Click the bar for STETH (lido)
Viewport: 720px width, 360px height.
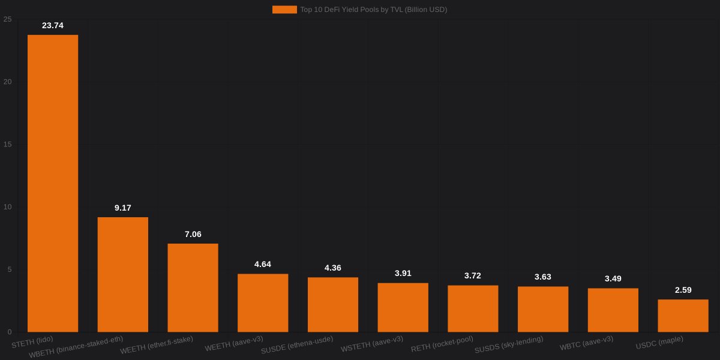point(53,183)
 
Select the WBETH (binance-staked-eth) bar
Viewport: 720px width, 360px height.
point(123,274)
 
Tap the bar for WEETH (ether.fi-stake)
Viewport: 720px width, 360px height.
point(193,287)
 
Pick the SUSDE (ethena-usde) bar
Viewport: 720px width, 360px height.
point(333,304)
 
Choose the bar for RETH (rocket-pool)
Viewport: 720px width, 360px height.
point(473,308)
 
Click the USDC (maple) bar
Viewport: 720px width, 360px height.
point(683,316)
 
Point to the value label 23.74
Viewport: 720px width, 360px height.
point(53,25)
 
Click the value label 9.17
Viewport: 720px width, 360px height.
point(123,208)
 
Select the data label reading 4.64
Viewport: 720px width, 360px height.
point(263,264)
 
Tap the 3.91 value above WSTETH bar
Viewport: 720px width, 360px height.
point(403,273)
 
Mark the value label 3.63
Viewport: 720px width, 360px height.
point(543,277)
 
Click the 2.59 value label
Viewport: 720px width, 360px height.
point(683,290)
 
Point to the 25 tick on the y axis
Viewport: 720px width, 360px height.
point(7,19)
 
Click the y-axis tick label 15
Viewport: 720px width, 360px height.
point(7,145)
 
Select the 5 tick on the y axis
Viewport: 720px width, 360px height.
point(9,269)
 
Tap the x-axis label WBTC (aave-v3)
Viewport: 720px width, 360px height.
point(586,343)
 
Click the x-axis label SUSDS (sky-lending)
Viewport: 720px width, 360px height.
point(509,344)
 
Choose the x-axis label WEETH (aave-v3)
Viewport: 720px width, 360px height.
point(234,344)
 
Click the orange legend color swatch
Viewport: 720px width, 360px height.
point(284,10)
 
